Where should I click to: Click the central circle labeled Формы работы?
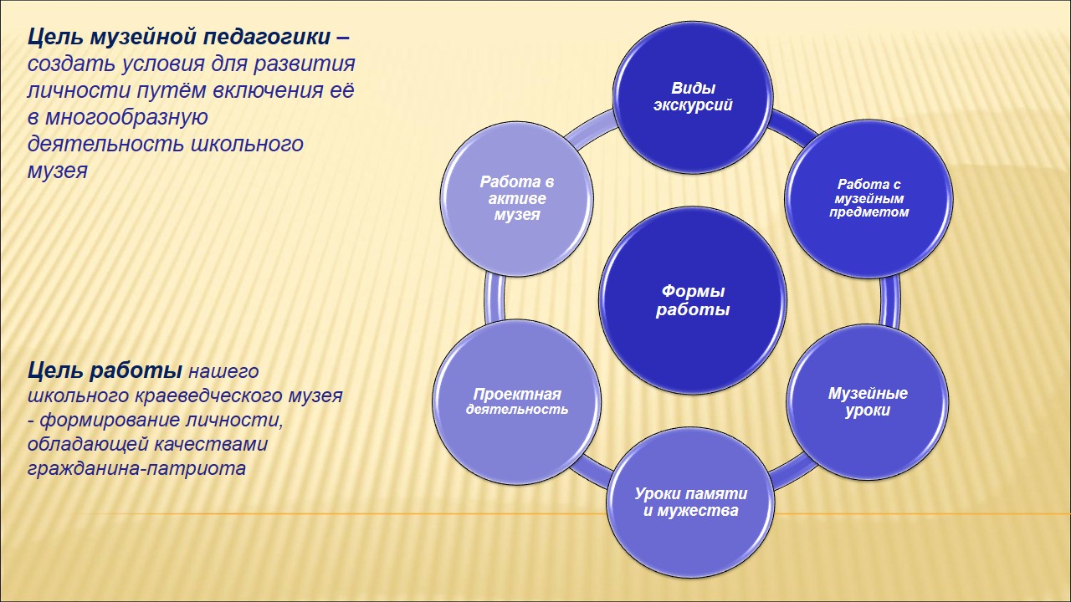click(693, 300)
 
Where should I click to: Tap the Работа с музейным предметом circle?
click(869, 199)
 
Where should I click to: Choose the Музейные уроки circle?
click(868, 402)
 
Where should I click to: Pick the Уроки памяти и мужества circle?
click(691, 503)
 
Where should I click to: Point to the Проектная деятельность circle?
click(517, 402)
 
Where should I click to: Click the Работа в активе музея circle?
click(517, 198)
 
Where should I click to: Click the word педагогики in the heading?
click(266, 38)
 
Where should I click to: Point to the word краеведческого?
click(211, 396)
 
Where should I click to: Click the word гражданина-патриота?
click(136, 468)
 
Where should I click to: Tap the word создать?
click(71, 64)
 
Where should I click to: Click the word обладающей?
click(87, 444)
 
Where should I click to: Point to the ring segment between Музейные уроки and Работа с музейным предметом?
click(889, 301)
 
